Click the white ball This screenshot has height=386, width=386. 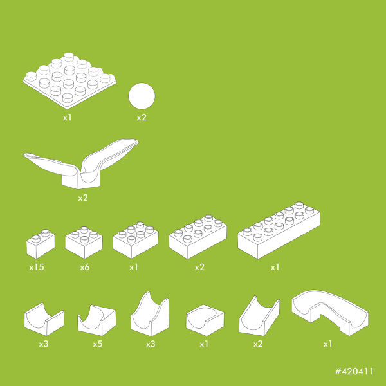pyautogui.click(x=142, y=96)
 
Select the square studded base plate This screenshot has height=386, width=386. pyautogui.click(x=69, y=81)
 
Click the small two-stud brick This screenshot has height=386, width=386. pyautogui.click(x=41, y=244)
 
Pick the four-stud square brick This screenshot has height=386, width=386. pyautogui.click(x=84, y=243)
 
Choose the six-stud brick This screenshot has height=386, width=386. pyautogui.click(x=136, y=240)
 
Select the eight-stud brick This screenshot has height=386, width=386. pyautogui.click(x=198, y=237)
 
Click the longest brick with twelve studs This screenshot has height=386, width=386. pyautogui.click(x=279, y=231)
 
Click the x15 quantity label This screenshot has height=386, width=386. pyautogui.click(x=37, y=267)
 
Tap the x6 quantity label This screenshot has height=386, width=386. pyautogui.click(x=85, y=267)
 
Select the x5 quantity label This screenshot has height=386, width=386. pyautogui.click(x=98, y=344)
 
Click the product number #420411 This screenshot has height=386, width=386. pyautogui.click(x=354, y=371)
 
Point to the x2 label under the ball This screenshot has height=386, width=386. pyautogui.click(x=142, y=118)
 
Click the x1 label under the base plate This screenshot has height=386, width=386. pyautogui.click(x=67, y=118)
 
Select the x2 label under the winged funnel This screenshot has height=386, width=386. pyautogui.click(x=83, y=198)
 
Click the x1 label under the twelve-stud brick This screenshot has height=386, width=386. pyautogui.click(x=275, y=267)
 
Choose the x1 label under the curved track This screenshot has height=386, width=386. pyautogui.click(x=327, y=344)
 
